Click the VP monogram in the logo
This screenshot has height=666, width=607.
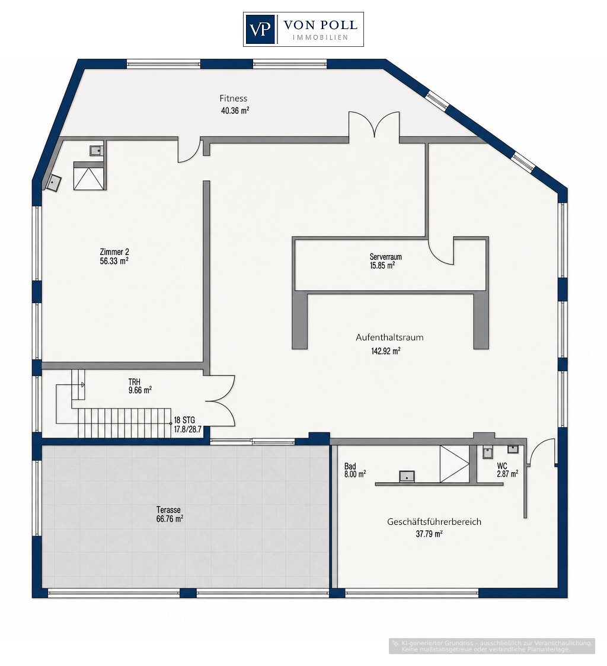click(260, 29)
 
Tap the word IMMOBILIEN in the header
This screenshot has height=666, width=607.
click(321, 37)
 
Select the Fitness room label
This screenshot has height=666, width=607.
click(233, 98)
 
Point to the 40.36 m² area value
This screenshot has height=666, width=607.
click(235, 110)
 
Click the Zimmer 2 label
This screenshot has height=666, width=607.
click(114, 252)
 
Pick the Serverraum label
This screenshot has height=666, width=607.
click(385, 257)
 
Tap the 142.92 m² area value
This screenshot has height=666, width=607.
click(386, 351)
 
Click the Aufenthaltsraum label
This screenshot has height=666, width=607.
click(389, 337)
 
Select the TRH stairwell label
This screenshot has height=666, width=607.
click(134, 382)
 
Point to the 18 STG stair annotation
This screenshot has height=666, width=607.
click(184, 420)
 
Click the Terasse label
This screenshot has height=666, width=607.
click(168, 509)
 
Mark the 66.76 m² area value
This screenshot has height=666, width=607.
click(170, 518)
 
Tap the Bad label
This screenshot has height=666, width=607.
click(350, 466)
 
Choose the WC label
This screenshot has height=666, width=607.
click(501, 466)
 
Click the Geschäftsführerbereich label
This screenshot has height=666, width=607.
click(434, 521)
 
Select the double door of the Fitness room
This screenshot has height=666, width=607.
click(374, 125)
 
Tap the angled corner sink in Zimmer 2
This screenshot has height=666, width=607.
click(53, 183)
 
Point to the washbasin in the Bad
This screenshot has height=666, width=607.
click(407, 477)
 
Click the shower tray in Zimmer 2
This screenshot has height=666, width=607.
click(88, 176)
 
